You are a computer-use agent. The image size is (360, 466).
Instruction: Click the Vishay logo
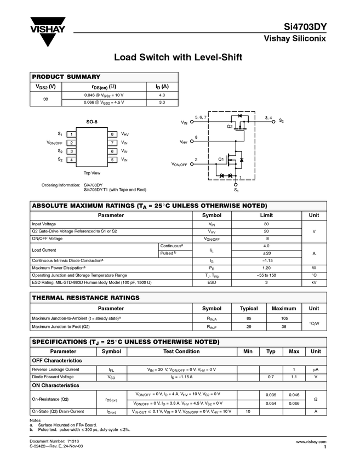[48, 33]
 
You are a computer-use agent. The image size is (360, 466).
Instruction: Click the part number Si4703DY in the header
[305, 26]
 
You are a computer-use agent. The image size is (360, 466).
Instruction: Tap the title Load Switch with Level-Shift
[178, 57]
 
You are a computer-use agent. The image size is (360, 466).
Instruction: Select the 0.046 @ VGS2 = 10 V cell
[104, 95]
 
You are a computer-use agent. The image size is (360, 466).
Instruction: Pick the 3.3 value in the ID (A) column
[162, 102]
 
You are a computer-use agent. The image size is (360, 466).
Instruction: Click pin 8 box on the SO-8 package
[112, 134]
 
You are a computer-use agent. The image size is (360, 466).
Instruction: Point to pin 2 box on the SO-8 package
[72, 143]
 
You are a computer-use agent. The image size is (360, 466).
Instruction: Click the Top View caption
[92, 173]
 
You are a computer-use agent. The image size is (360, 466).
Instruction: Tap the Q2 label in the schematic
[230, 127]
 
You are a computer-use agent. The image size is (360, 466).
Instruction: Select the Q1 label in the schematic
[221, 159]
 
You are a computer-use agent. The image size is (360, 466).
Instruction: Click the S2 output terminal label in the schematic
[281, 121]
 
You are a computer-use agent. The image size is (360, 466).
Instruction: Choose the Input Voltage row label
[44, 224]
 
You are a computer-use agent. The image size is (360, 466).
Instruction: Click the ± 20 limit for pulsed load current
[266, 253]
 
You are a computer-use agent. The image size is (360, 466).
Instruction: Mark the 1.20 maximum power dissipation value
[266, 268]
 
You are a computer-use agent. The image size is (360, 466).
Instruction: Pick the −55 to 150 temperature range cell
[266, 275]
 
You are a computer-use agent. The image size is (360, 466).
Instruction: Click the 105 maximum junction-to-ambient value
[284, 318]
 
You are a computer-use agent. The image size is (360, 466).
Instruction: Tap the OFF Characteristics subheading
[57, 361]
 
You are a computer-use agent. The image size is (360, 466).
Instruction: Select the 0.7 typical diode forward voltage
[271, 377]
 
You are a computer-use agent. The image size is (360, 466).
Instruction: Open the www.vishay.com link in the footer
[311, 441]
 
